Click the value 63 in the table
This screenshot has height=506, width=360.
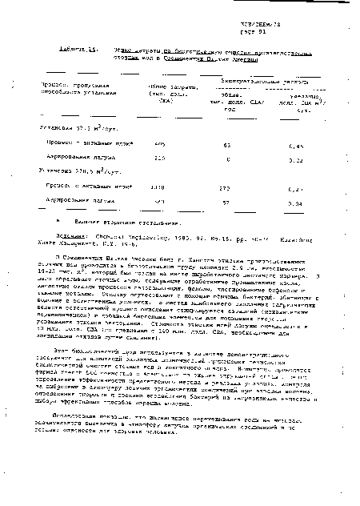coord(227,145)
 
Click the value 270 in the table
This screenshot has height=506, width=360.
coord(225,189)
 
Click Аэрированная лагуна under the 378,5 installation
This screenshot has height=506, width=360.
coord(76,201)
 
